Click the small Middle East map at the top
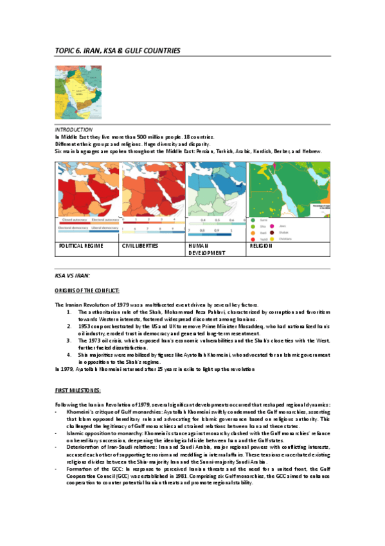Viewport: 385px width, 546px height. pyautogui.click(x=74, y=92)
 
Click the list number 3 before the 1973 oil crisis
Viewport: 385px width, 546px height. pyautogui.click(x=70, y=341)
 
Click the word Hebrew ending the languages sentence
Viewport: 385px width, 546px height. pyautogui.click(x=310, y=151)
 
